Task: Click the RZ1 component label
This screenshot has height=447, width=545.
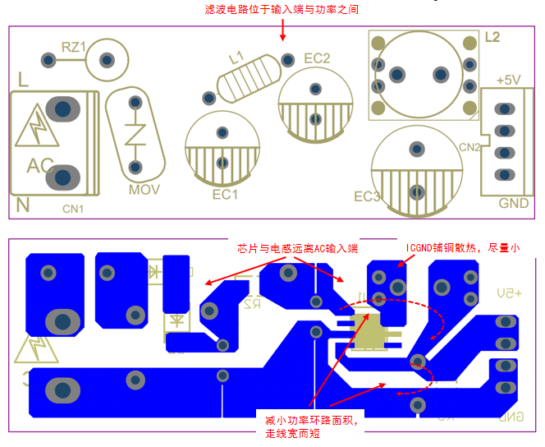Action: (74, 48)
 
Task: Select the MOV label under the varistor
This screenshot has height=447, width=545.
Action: (144, 190)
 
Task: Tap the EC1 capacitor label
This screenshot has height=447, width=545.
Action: (225, 195)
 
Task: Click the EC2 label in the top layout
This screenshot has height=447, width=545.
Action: (317, 58)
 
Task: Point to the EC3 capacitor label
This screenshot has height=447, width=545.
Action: (367, 197)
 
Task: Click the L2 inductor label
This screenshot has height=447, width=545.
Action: (492, 37)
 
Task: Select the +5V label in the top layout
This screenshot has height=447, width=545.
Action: (508, 80)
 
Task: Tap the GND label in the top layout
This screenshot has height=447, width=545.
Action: (514, 204)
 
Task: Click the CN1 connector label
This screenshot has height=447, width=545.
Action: (73, 209)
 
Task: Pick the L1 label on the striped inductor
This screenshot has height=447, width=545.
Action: (236, 58)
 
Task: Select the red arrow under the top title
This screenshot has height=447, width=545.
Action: (282, 30)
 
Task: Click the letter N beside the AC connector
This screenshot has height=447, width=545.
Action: (23, 206)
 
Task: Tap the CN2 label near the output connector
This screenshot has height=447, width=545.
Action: (469, 148)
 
